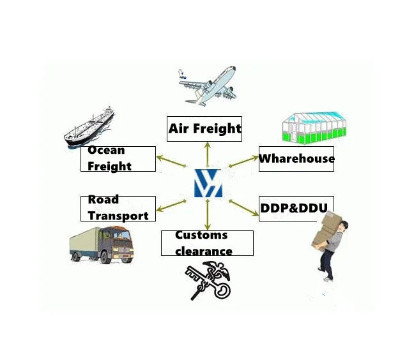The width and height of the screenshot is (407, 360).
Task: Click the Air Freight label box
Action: coord(204,129)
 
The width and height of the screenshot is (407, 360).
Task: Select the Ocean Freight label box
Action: coord(118,159)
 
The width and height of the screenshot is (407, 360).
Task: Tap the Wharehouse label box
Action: coord(296,158)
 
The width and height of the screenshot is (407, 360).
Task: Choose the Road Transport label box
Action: coord(118,209)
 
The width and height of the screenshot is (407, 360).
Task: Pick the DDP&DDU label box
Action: coord(296,209)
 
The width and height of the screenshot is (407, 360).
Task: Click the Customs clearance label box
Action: coord(206,243)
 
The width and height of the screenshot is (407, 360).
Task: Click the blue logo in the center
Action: coord(208,183)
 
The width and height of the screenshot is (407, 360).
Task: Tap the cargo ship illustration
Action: coord(89,128)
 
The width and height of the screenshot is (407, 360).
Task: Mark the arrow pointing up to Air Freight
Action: coord(207,153)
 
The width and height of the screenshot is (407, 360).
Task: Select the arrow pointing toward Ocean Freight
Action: coord(174,161)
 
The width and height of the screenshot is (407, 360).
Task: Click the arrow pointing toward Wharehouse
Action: coord(243,161)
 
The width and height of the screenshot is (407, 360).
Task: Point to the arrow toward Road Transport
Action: coord(173,205)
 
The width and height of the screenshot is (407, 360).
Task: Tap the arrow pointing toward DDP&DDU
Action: coord(243,206)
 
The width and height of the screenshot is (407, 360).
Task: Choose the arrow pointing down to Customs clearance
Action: coord(207,214)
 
